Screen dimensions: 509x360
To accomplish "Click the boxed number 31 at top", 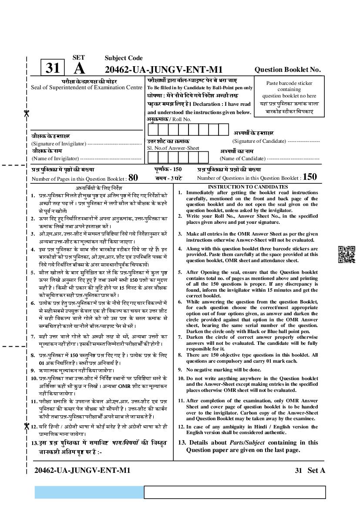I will point(52,68).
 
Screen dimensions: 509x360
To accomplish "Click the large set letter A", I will point(79,69).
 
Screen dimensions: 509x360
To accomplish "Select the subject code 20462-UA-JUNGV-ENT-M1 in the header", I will point(164,69).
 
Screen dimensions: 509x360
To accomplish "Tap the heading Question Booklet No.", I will point(287,69).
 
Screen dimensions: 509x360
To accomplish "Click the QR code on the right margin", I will point(347,255).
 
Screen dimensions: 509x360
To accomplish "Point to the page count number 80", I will point(133,177).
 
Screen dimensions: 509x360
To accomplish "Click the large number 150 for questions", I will point(310,177).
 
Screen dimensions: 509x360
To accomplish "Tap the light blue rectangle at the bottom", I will point(89,492).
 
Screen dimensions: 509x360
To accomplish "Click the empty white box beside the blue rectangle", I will point(235,492).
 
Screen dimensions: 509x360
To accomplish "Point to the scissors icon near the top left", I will point(26,114).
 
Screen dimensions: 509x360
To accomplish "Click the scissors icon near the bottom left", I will point(26,427).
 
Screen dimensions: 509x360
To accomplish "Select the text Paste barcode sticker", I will point(289,83).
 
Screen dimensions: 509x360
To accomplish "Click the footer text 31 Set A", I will point(310,470).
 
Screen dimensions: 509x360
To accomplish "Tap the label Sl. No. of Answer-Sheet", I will point(167,148).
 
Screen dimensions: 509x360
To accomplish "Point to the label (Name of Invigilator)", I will point(55,158).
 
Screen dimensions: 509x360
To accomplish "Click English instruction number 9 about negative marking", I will point(224,370).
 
